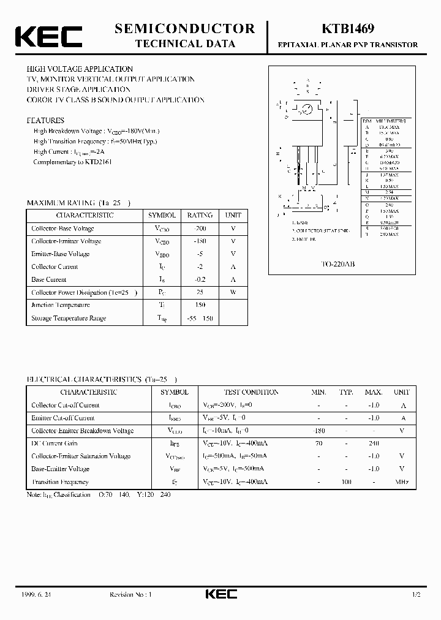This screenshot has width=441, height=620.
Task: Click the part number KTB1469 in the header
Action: [349, 29]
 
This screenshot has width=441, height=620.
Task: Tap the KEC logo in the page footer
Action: [220, 595]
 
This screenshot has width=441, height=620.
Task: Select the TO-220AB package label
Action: [338, 263]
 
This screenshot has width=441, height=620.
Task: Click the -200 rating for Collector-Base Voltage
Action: [200, 229]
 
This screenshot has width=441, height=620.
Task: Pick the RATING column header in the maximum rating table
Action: [200, 216]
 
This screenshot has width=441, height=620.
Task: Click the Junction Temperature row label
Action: [61, 305]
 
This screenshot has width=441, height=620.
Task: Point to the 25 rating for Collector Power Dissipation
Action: [200, 292]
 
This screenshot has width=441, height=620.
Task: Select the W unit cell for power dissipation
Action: [233, 292]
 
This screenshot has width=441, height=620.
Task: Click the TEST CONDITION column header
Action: [251, 392]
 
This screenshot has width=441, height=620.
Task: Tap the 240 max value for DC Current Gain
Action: [373, 443]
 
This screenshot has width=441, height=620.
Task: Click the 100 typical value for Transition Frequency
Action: [346, 482]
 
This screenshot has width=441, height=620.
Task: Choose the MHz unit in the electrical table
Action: [402, 482]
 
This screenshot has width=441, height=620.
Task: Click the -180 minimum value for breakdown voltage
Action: [318, 431]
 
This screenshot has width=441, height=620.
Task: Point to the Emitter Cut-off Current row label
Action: [63, 418]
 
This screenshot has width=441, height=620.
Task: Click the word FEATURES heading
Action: [45, 121]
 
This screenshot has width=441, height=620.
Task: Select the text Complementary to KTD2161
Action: [72, 162]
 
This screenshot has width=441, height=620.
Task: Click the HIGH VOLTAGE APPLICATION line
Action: [80, 69]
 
